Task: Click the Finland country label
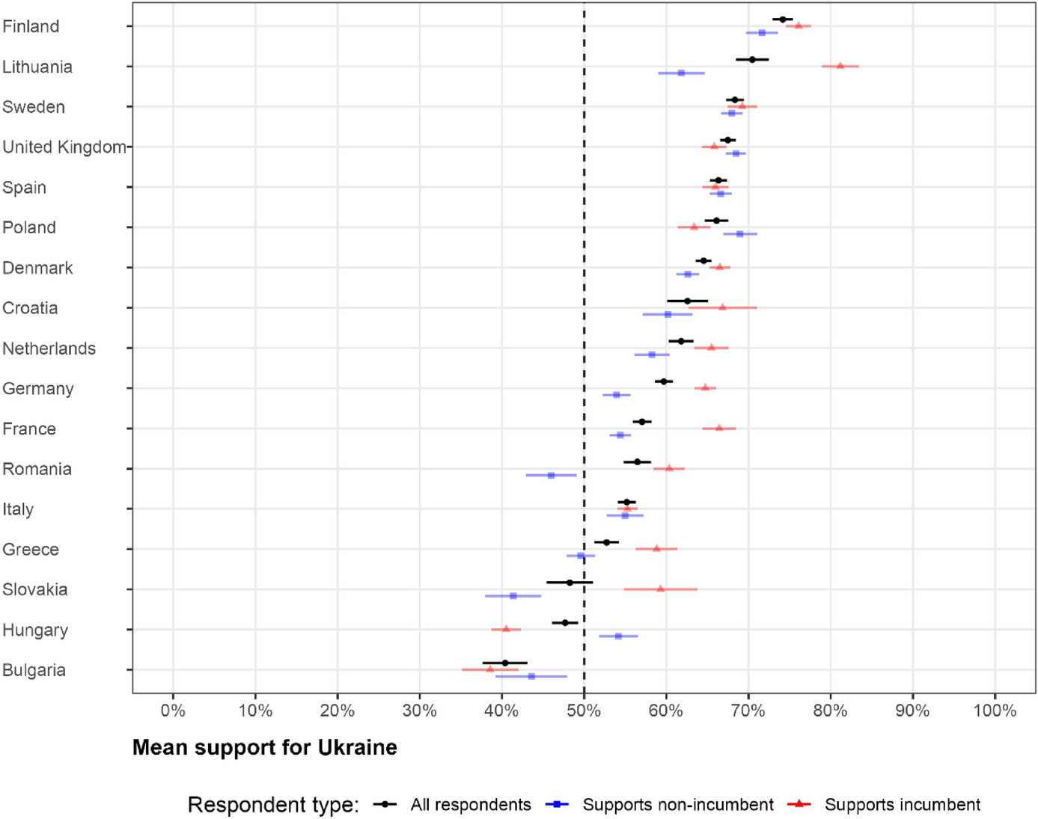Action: coord(31,26)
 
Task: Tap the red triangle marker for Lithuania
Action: coord(840,66)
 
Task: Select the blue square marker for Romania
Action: coord(551,475)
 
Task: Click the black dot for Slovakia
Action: coord(570,582)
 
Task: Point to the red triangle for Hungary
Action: coord(506,629)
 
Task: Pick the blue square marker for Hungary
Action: coord(618,636)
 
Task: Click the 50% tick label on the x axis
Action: coord(584,711)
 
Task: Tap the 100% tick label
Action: coord(995,711)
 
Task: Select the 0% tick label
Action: coord(173,711)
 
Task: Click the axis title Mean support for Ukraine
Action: coord(264,747)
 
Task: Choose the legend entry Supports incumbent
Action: coord(902,805)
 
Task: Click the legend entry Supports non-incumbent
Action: coord(677,805)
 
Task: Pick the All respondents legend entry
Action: coord(470,805)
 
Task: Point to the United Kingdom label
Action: coord(64,147)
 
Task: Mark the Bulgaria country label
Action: coord(34,670)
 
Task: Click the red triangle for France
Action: coord(719,428)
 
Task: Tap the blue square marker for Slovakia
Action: coord(513,595)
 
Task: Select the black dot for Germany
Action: coord(663,381)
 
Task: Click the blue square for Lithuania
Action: coord(681,73)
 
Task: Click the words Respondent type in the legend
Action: coord(273,805)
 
